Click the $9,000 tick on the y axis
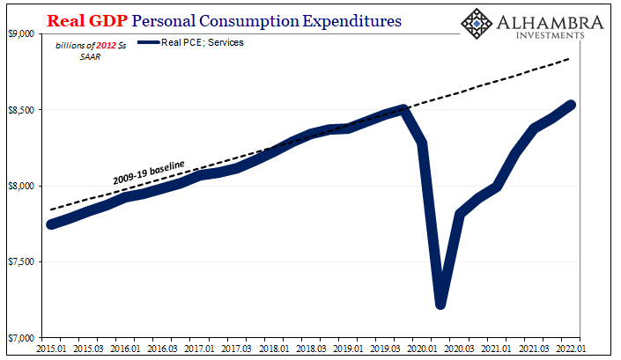(x=20, y=33)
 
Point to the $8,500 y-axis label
(x=20, y=110)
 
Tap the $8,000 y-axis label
(x=20, y=186)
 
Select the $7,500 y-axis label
(x=20, y=262)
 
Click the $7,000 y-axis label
(x=20, y=338)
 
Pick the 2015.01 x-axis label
(x=50, y=349)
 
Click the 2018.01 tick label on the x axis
(x=277, y=349)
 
